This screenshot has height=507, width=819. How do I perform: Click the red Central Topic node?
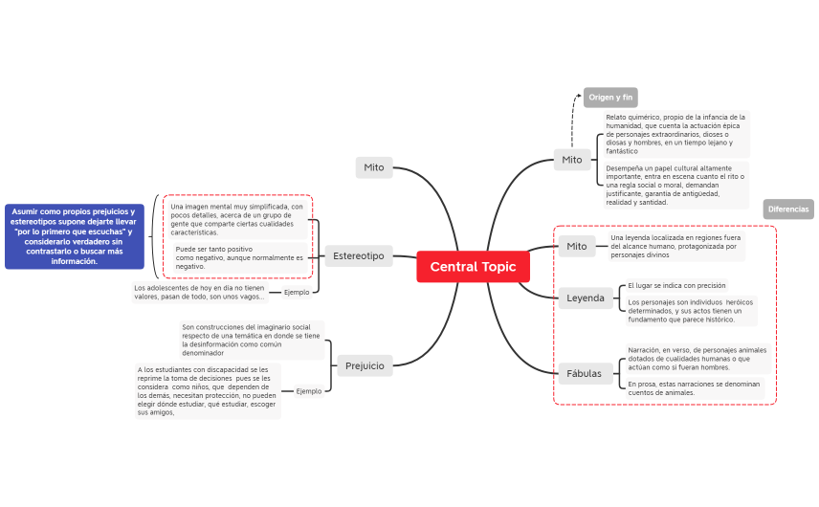(473, 267)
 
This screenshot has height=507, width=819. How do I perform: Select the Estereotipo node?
(359, 255)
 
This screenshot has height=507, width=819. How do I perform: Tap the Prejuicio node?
(364, 365)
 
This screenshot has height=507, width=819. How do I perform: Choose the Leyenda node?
(586, 298)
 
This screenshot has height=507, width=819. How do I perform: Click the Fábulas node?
(585, 374)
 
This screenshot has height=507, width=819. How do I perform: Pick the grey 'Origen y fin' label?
(610, 98)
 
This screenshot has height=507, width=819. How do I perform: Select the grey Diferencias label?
(788, 209)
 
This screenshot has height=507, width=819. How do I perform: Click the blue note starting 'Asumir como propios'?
(74, 236)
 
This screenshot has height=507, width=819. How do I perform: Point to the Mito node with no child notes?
(373, 167)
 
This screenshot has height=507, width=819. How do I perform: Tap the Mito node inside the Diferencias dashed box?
(576, 246)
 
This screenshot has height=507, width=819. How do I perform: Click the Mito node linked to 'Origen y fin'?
(571, 160)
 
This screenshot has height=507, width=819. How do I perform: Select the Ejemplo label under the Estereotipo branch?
(297, 292)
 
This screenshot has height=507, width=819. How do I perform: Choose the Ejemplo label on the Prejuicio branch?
(308, 391)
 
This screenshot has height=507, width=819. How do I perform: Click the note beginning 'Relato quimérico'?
(675, 134)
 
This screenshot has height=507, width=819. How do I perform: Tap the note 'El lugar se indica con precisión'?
(676, 285)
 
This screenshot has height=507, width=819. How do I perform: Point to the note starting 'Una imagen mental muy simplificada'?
(237, 219)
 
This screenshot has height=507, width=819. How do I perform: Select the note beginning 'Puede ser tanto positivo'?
(239, 257)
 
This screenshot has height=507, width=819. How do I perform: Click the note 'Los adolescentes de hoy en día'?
(199, 292)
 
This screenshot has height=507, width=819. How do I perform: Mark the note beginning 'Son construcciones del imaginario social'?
(251, 340)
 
